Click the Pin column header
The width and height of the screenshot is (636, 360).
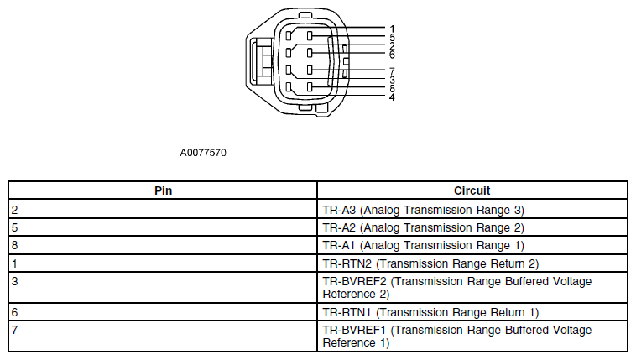coord(163,190)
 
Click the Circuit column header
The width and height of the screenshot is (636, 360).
coord(472,190)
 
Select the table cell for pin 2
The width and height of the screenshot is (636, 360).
coord(163,210)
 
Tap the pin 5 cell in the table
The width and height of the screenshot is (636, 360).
coord(163,227)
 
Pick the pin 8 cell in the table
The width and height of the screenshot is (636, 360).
coord(163,245)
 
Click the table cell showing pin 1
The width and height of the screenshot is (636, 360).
coord(163,263)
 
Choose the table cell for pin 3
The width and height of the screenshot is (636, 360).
coord(163,287)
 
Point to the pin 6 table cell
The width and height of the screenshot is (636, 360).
coord(163,311)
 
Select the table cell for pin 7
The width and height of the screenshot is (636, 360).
coord(163,336)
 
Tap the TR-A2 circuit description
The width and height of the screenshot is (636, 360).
coord(424,227)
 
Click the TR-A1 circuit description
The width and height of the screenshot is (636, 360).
coord(424,246)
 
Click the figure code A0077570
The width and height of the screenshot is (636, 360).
coord(203,153)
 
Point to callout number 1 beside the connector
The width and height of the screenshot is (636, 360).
coord(392,29)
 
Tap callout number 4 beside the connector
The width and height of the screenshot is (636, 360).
coord(392,97)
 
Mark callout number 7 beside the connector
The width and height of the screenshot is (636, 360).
coord(392,71)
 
